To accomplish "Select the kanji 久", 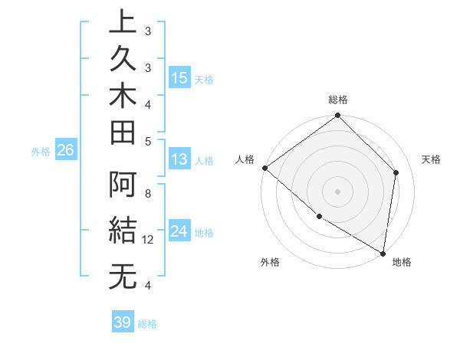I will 123,60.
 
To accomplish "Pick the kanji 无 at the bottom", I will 123,277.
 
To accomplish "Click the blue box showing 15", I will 179,78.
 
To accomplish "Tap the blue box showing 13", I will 179,159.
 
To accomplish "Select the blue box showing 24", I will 179,231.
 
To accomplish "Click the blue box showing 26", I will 66,151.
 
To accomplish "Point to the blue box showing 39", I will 123,322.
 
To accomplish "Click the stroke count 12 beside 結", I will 149,240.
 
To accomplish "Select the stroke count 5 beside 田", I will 147,141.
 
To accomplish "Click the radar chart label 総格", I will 338,100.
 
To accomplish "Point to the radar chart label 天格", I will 431,159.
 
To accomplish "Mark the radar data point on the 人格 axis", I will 264,168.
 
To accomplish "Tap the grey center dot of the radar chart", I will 337,191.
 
